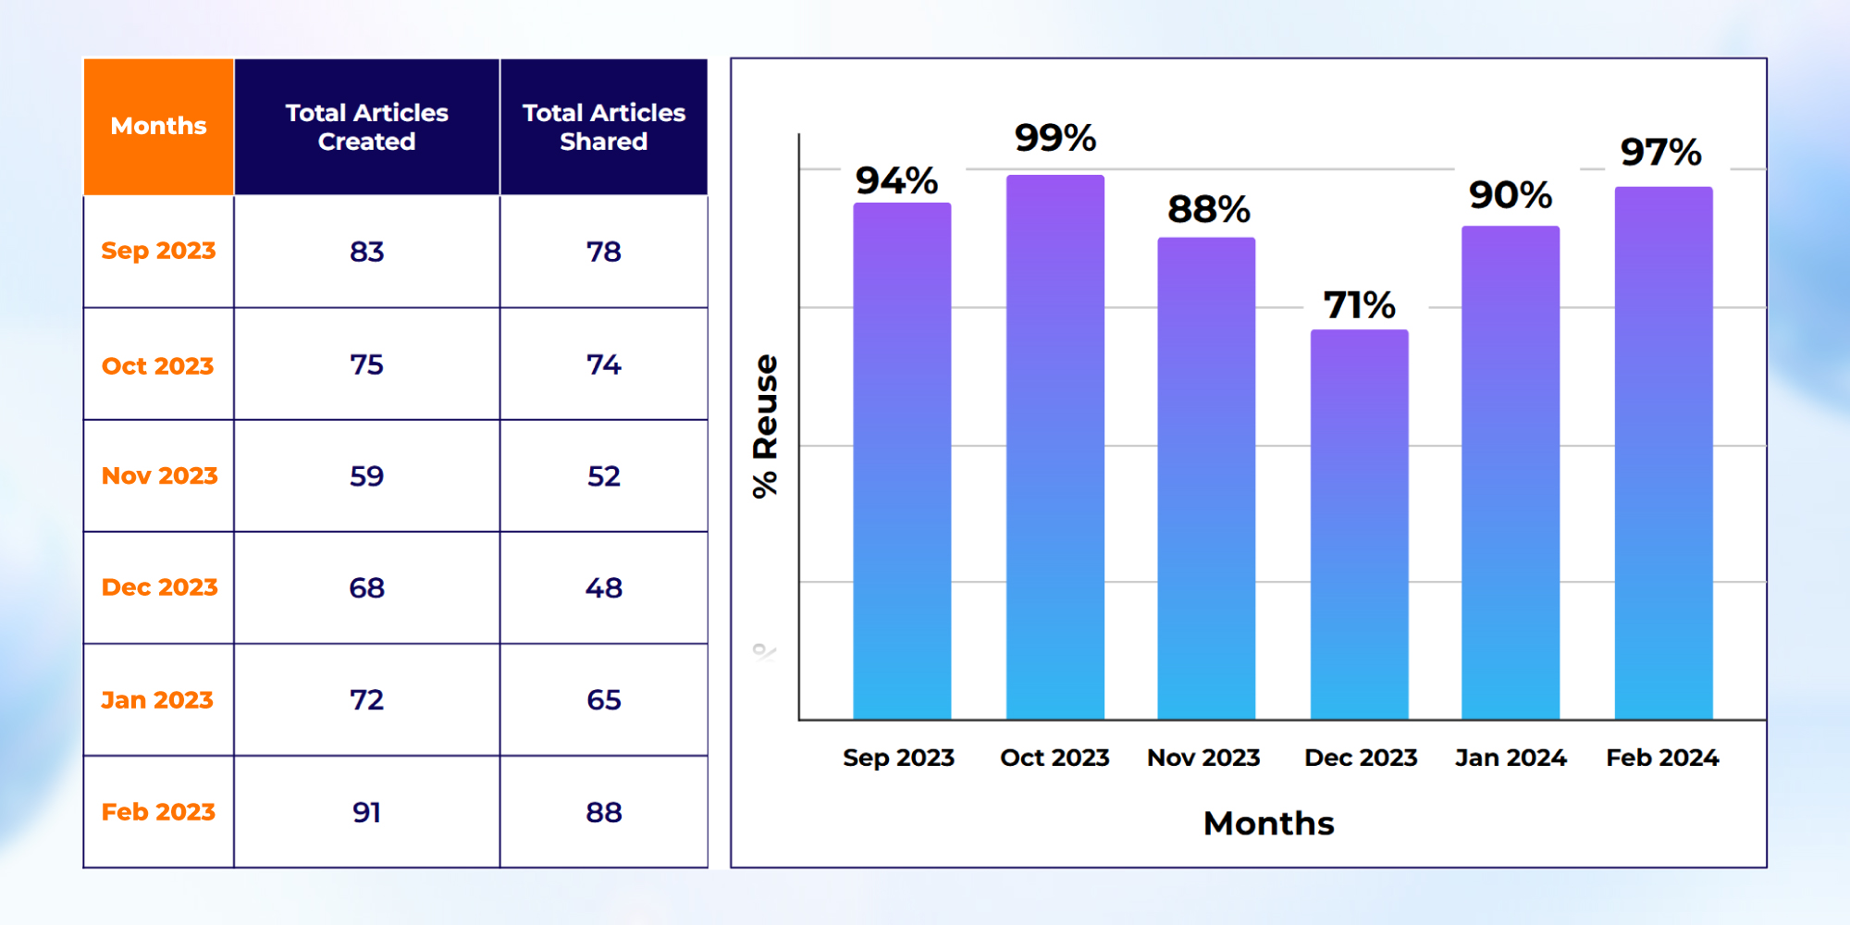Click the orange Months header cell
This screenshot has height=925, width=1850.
[x=158, y=126]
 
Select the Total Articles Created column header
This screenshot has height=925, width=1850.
[x=366, y=127]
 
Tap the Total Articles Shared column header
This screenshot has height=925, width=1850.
[x=603, y=127]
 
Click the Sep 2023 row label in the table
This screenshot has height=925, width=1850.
[x=158, y=251]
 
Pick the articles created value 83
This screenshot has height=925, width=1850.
[x=366, y=252]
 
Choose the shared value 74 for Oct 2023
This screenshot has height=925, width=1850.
[x=603, y=364]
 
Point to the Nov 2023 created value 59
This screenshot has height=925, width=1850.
[x=366, y=476]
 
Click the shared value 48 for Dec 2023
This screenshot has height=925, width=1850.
[x=603, y=588]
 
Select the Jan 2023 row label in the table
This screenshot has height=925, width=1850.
[x=157, y=700]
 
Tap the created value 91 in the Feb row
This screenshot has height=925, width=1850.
[x=366, y=812]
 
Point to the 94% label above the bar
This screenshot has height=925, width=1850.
[x=896, y=180]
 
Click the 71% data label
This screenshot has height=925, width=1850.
[x=1359, y=305]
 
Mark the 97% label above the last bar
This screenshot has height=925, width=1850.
[x=1660, y=153]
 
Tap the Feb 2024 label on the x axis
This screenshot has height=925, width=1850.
[x=1662, y=758]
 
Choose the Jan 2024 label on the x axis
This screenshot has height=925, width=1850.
[x=1511, y=758]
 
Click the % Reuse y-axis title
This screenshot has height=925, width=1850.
[x=766, y=425]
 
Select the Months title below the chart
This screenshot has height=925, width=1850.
[x=1268, y=823]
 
